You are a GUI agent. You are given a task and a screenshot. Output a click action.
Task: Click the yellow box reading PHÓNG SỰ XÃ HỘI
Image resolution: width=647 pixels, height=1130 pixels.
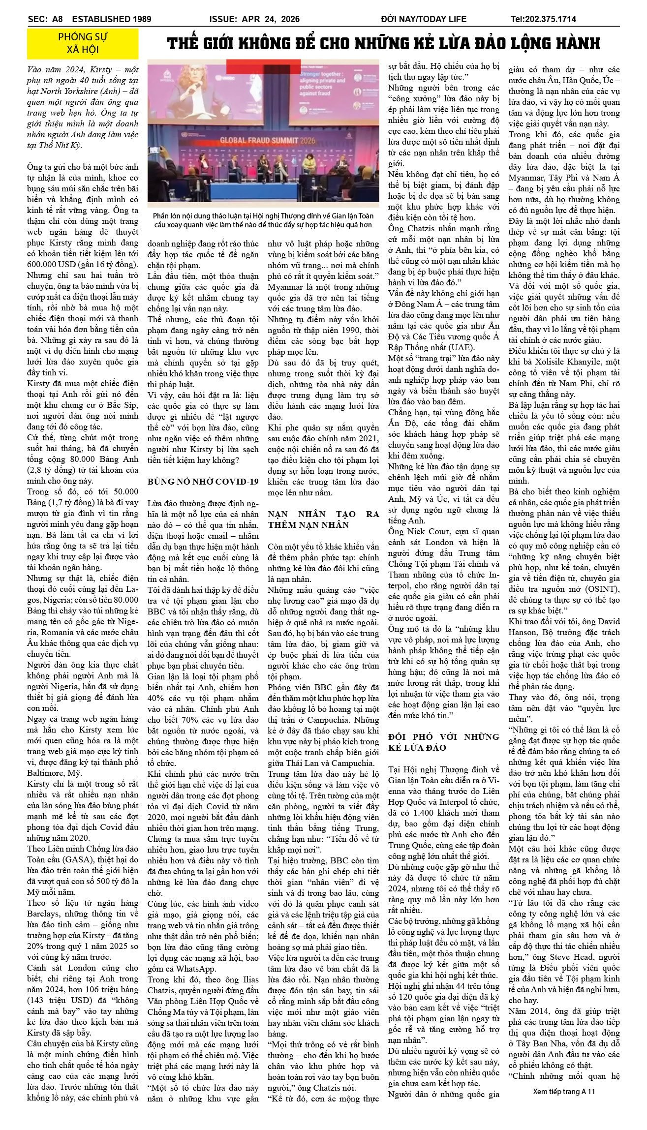[x=83, y=43]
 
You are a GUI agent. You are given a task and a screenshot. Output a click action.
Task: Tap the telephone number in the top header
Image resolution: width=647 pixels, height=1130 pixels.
[x=543, y=19]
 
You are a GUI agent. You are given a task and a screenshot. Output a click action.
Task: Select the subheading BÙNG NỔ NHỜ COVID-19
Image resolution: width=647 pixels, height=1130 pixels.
[x=203, y=482]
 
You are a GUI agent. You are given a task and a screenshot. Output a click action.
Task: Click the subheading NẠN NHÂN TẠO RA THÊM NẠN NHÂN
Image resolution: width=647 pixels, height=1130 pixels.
[x=323, y=519]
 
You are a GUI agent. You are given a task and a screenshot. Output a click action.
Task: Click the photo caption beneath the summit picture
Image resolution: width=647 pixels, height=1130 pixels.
[x=263, y=220]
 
